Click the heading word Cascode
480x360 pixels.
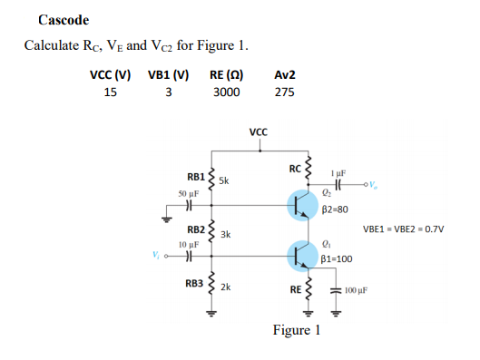click(x=64, y=20)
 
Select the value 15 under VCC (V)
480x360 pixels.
click(x=110, y=92)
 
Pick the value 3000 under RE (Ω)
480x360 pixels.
click(x=226, y=92)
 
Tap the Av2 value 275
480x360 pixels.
click(x=284, y=92)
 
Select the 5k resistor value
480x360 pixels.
click(x=225, y=180)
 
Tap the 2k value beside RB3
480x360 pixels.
click(x=226, y=287)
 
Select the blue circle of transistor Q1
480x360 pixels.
click(x=301, y=255)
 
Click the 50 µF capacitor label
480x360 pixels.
click(x=189, y=194)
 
